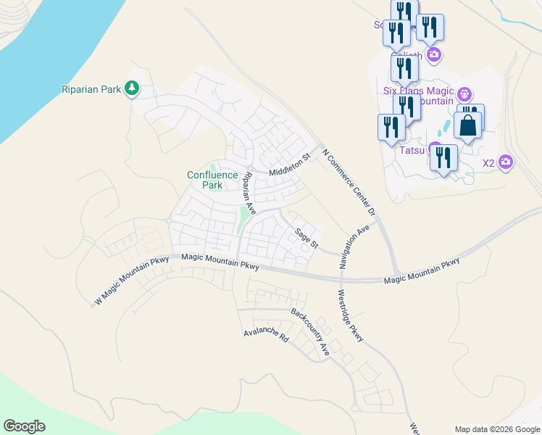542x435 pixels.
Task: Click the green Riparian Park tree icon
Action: [x=131, y=88]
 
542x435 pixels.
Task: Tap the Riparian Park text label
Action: [x=91, y=89]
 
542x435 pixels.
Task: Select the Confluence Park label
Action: [x=212, y=180]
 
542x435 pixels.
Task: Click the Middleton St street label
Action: [x=289, y=164]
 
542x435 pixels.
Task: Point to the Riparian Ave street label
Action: [x=249, y=193]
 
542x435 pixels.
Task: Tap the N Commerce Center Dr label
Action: [x=349, y=181]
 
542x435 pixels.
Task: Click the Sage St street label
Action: [x=306, y=237]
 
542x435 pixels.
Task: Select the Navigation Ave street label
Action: [x=354, y=247]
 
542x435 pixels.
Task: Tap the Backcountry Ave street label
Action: [x=310, y=332]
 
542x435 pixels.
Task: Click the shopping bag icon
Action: [x=468, y=125]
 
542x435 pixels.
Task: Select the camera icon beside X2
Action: [x=506, y=163]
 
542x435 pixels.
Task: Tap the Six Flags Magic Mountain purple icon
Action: [x=464, y=94]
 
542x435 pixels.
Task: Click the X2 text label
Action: [x=488, y=163]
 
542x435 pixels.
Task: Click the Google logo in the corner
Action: [x=24, y=426]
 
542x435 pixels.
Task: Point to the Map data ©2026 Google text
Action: [x=497, y=429]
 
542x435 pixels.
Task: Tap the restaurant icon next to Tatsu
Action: [x=443, y=157]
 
